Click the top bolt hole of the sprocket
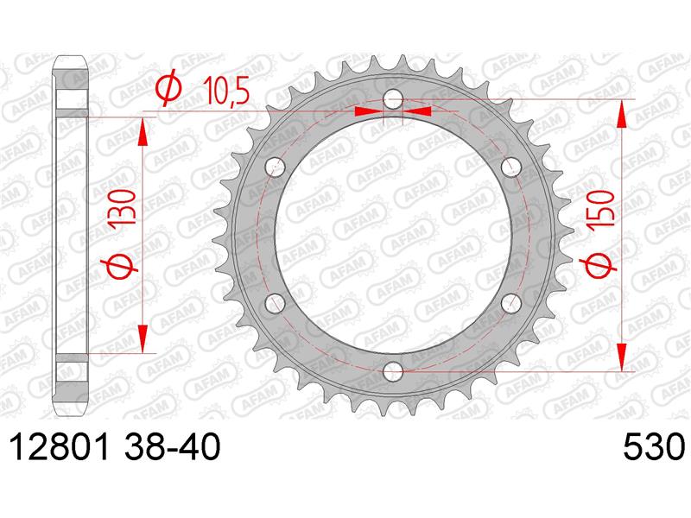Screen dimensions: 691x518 [393, 99]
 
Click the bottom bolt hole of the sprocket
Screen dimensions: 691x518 [393, 371]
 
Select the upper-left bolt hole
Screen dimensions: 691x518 [276, 167]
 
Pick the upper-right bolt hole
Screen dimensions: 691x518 [511, 167]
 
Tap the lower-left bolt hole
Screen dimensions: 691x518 [276, 303]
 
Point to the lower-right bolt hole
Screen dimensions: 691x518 [511, 303]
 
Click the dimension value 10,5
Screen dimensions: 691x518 [226, 92]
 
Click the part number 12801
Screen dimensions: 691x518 [60, 447]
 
